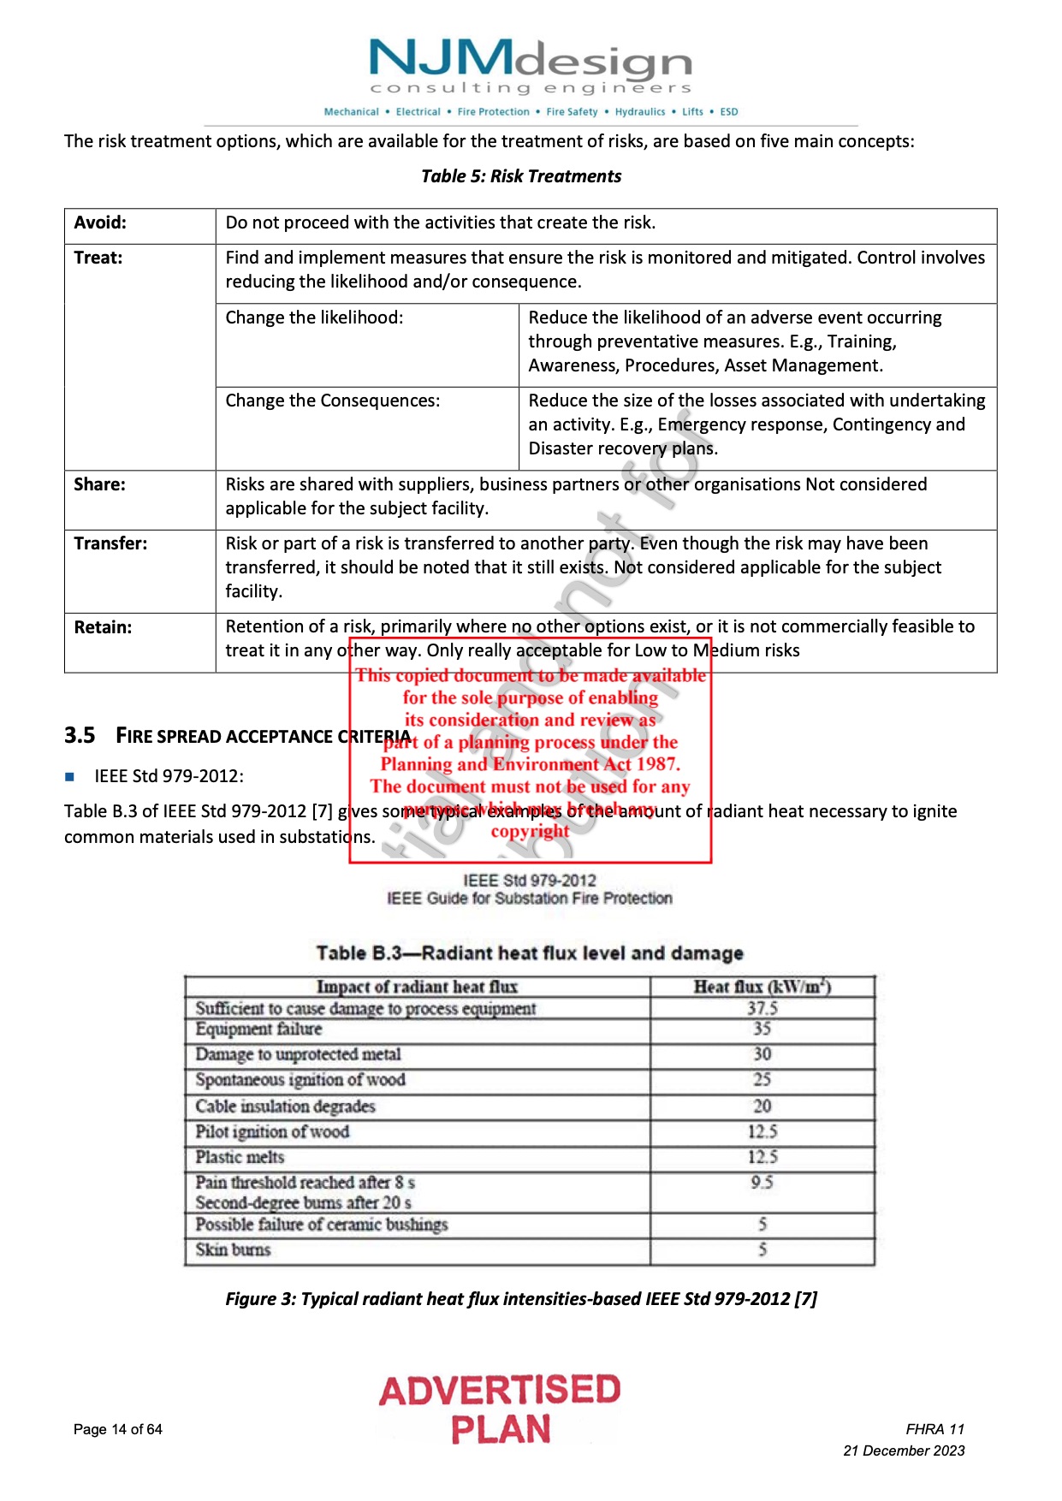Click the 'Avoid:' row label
(x=100, y=222)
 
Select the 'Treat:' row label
(x=98, y=258)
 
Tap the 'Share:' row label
(x=99, y=484)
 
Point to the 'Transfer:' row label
(x=110, y=543)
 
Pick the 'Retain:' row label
(x=103, y=627)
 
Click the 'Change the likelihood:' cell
(x=314, y=317)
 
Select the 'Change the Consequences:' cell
(x=332, y=400)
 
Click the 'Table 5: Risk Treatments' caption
(x=521, y=176)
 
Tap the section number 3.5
(x=80, y=736)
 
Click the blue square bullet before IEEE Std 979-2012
(x=70, y=777)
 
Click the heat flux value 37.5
(x=762, y=1008)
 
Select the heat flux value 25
(x=762, y=1079)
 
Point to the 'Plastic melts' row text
(x=240, y=1157)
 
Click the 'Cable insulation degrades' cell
(x=285, y=1106)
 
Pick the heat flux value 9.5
(x=762, y=1182)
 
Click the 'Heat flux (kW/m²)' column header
(x=762, y=987)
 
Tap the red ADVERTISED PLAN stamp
(x=500, y=1409)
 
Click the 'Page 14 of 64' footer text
(x=118, y=1429)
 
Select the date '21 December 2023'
(x=904, y=1451)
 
